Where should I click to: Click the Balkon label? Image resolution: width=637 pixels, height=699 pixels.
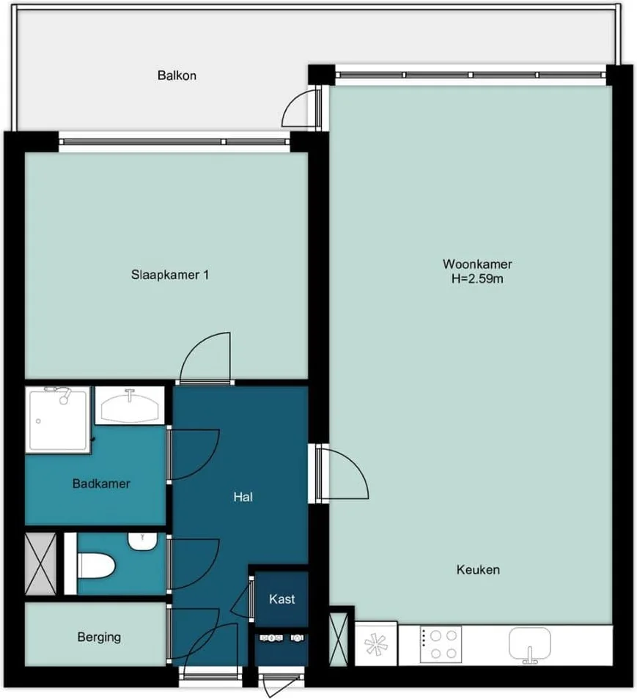coord(177,75)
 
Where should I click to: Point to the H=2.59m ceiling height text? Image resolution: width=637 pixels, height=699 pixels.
coord(477,278)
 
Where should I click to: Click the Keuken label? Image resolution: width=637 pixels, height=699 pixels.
coord(478,569)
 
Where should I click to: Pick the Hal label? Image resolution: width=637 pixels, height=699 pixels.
coord(243,497)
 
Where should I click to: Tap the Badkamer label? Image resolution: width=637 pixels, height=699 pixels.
coord(101,484)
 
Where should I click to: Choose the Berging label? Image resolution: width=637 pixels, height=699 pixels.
coord(99,637)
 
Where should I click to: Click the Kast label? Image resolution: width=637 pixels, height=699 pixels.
coord(282,599)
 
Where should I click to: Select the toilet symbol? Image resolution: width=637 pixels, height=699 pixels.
coord(97,566)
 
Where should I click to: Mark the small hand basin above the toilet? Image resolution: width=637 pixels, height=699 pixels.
coord(142,541)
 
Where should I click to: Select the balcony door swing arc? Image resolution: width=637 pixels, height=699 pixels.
coord(298,111)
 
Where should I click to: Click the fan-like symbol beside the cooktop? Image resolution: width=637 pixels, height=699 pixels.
coord(376,646)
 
